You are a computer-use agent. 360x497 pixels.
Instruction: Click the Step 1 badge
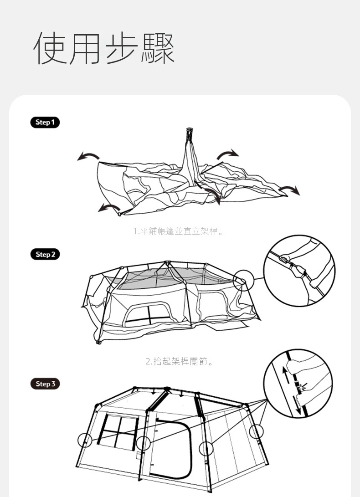tap(45, 123)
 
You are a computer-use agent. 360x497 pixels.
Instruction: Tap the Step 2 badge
tap(45, 254)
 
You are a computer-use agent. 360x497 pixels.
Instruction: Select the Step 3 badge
tap(45, 384)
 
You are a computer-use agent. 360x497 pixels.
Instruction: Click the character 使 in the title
tap(51, 48)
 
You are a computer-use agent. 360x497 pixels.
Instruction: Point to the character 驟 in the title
tap(158, 48)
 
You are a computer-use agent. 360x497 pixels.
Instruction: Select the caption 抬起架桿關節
tap(180, 361)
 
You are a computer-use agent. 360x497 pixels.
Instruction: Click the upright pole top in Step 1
tap(190, 131)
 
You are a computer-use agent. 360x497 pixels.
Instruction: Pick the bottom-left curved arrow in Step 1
tap(109, 207)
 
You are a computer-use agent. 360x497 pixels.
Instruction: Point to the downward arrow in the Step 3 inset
tap(298, 406)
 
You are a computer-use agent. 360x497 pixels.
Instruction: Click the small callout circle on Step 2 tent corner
tap(244, 280)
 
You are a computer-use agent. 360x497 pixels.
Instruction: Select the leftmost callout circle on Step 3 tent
tap(85, 440)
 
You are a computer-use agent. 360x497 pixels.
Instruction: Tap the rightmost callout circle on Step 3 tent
tap(256, 432)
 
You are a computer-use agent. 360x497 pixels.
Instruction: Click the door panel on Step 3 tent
tap(170, 448)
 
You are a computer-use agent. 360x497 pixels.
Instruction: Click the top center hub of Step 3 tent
tap(167, 389)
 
